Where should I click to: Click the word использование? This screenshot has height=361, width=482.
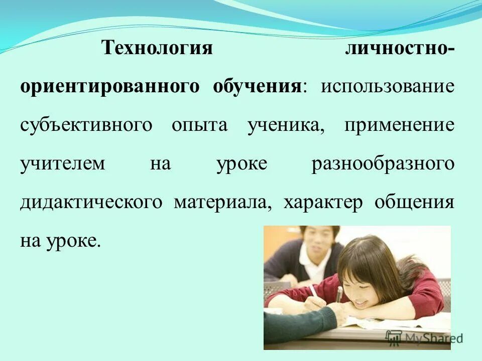(388, 87)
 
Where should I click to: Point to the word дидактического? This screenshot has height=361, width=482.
(91, 203)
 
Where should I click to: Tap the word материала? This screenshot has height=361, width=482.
(222, 203)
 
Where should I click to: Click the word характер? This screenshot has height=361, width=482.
(322, 203)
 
